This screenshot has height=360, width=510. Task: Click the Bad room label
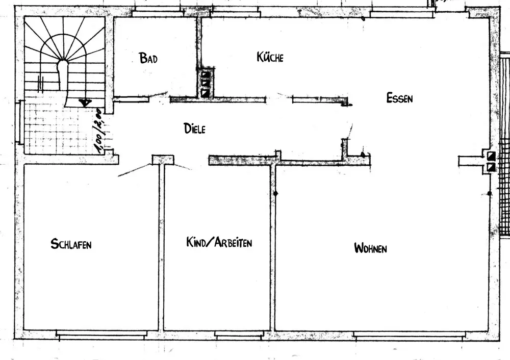tap(148, 58)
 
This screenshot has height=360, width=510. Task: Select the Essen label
tap(399, 98)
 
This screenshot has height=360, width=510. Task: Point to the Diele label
tap(194, 129)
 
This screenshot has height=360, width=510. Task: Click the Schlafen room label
tap(71, 244)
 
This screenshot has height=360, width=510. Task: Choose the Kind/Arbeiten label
tap(219, 243)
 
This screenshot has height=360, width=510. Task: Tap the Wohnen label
tap(370, 248)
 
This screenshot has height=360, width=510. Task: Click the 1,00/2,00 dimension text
tap(101, 133)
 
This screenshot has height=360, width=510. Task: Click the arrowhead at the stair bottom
tap(85, 102)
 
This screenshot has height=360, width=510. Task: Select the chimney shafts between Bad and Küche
tap(206, 83)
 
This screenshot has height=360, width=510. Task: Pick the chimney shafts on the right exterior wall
tap(492, 161)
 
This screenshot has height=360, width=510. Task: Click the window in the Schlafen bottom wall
tap(101, 334)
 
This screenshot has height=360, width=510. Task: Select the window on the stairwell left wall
tap(20, 122)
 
